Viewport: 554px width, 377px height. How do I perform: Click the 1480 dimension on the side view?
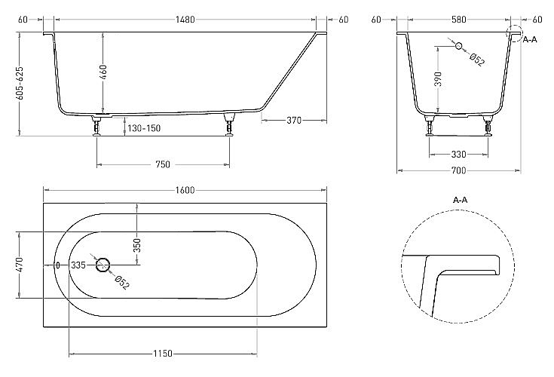click(184, 20)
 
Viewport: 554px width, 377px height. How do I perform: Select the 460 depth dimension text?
click(103, 73)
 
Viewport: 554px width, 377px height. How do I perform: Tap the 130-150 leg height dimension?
click(143, 128)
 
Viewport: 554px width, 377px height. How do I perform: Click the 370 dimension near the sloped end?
click(295, 120)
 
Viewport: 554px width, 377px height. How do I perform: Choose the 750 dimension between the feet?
click(164, 164)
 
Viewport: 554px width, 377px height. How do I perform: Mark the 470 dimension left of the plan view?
click(20, 265)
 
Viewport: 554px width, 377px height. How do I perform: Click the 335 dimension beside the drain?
click(78, 265)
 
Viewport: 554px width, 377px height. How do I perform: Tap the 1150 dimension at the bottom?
click(164, 353)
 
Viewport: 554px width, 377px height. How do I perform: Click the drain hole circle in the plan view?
click(103, 265)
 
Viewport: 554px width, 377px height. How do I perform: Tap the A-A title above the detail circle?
click(461, 200)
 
